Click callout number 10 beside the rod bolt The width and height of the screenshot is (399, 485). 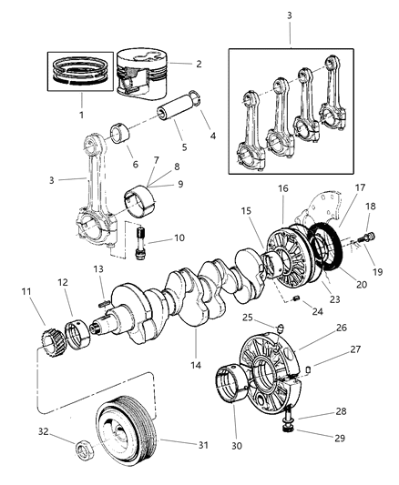pyautogui.click(x=179, y=238)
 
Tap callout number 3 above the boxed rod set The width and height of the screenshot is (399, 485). pyautogui.click(x=290, y=16)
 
